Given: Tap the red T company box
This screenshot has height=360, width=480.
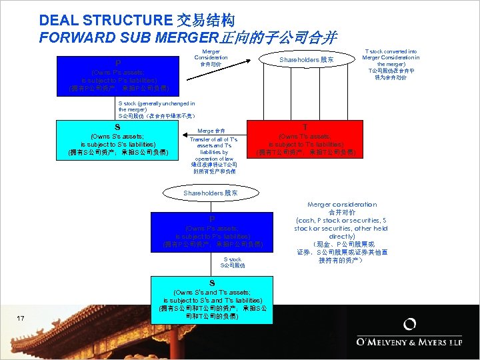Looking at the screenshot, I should pyautogui.click(x=305, y=139).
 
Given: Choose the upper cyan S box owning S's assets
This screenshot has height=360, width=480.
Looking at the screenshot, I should pyautogui.click(x=117, y=139).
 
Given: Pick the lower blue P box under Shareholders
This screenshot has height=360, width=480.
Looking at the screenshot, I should pyautogui.click(x=212, y=231).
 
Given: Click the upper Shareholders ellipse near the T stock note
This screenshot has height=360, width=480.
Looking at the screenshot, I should pyautogui.click(x=306, y=60).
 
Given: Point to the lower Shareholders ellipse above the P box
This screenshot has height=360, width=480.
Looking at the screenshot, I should pyautogui.click(x=211, y=193).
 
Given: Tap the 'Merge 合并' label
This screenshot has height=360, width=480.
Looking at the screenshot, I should pyautogui.click(x=211, y=131).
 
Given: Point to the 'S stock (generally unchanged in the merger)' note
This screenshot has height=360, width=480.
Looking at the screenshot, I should pyautogui.click(x=156, y=110).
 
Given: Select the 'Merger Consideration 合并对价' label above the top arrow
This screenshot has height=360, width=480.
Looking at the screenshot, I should pyautogui.click(x=211, y=58).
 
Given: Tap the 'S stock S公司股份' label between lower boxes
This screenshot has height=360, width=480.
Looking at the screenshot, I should pyautogui.click(x=233, y=262).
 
